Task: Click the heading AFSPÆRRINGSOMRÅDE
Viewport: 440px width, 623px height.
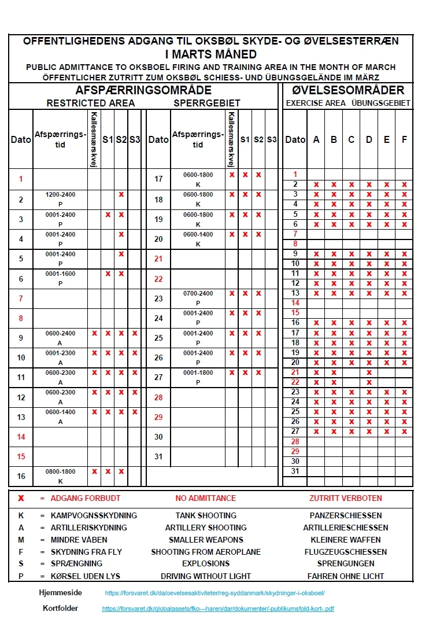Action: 143,91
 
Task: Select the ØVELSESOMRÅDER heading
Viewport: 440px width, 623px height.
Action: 348,91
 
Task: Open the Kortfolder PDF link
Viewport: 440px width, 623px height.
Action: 218,609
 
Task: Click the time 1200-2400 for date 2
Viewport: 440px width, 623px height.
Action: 61,195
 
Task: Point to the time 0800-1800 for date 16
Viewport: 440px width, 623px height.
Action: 61,472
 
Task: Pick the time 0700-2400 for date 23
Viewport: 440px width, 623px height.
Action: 198,294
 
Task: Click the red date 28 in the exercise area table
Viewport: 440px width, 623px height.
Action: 295,442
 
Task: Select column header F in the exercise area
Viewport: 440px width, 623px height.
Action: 404,140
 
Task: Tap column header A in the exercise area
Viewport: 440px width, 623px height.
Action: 316,140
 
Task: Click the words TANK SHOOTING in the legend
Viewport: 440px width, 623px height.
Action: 206,515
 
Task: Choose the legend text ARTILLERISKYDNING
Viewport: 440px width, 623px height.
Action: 89,528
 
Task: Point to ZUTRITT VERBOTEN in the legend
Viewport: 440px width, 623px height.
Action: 345,498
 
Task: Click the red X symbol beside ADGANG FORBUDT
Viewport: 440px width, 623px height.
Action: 21,498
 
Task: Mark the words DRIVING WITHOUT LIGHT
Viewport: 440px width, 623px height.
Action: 206,576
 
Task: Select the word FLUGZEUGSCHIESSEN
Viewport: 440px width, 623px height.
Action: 345,552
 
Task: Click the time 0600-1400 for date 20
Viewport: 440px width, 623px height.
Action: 198,234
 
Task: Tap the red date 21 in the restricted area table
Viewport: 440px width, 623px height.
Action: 158,259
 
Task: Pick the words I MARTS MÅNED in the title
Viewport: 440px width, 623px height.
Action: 210,55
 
